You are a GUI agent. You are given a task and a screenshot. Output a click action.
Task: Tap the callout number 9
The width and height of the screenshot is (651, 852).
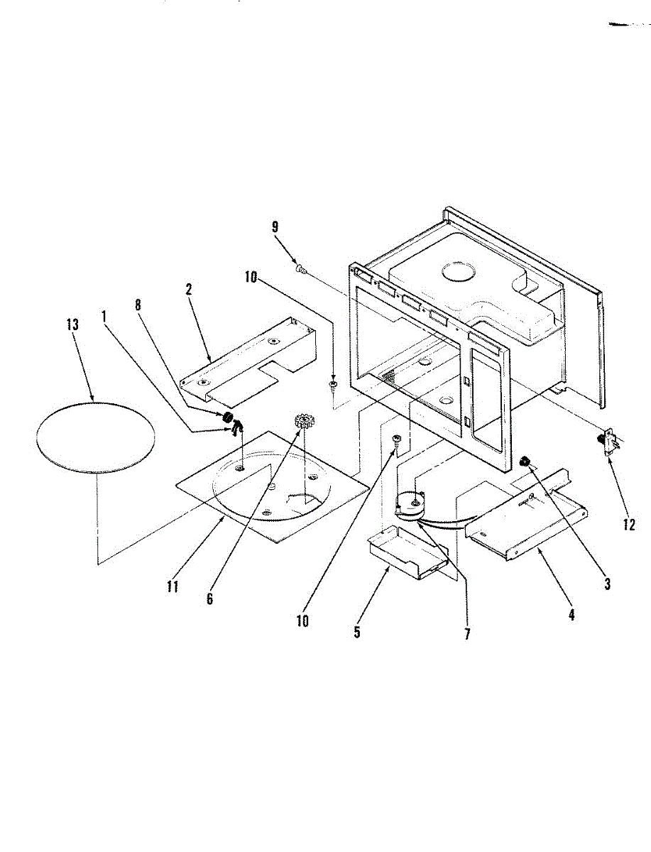tap(275, 227)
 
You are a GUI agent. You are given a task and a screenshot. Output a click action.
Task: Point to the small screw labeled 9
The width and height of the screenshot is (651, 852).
tap(300, 268)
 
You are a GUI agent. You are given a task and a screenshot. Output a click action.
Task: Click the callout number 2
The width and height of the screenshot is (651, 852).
tap(188, 290)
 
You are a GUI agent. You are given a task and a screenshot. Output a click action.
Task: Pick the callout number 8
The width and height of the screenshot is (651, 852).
tap(138, 305)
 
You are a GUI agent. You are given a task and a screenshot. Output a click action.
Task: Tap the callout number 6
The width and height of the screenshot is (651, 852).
tap(209, 599)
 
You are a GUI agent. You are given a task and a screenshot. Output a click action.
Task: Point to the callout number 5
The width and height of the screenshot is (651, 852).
tap(357, 632)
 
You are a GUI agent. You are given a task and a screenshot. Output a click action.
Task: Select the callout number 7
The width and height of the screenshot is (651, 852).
tap(467, 634)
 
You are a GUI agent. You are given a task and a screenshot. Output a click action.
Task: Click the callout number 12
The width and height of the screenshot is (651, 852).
tap(629, 525)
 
